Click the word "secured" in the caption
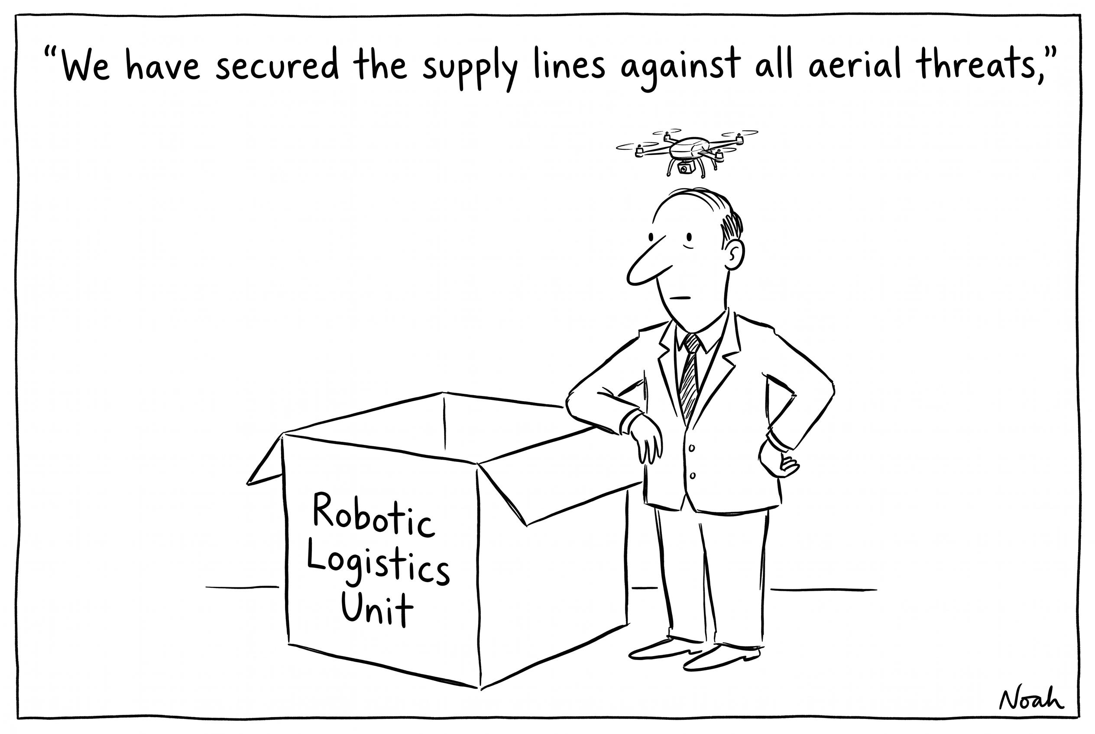tap(277, 65)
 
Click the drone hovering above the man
tap(687, 151)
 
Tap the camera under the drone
tap(684, 167)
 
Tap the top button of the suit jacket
tap(692, 448)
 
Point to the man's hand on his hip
tap(778, 461)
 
